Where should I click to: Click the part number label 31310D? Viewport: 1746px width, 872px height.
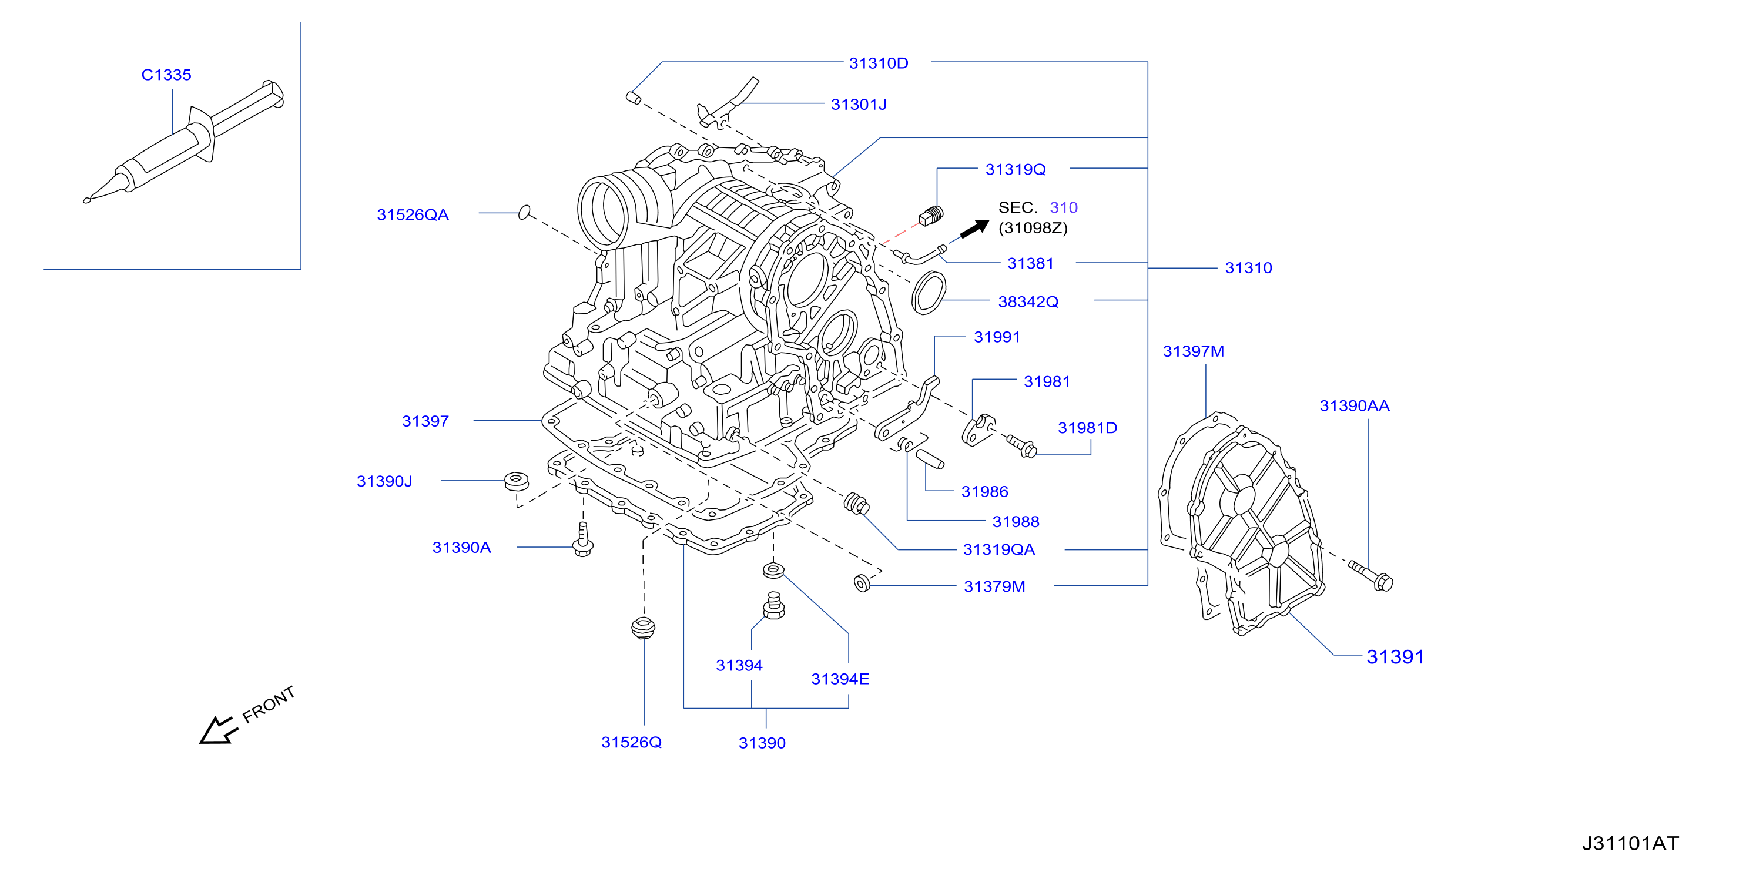coord(879,63)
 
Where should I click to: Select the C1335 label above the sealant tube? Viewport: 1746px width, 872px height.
coord(166,75)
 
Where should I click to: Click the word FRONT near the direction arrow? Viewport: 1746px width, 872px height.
coord(269,705)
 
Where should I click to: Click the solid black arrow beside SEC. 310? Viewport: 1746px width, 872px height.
coord(975,229)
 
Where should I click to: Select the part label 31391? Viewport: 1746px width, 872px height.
coord(1395,656)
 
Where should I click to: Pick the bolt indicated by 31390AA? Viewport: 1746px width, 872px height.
coord(1370,575)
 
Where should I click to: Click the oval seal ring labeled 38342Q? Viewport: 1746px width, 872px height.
coord(929,293)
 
